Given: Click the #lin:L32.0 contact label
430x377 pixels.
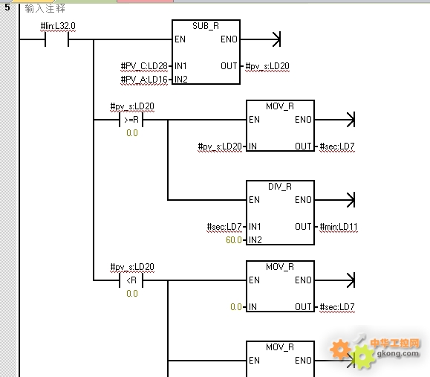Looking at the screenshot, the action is (58, 26).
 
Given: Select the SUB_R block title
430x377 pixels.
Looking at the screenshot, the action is (206, 26).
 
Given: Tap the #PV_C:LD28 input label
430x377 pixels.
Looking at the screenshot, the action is (144, 66).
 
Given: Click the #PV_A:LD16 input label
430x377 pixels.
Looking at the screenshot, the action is (144, 80).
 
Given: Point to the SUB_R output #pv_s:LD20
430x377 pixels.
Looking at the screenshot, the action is (267, 66).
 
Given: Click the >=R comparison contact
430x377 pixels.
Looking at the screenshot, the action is (131, 120).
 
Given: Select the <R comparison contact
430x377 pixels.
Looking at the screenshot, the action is (131, 280).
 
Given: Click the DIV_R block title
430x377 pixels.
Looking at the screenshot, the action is (280, 187).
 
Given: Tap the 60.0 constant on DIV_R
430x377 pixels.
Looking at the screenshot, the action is (234, 240).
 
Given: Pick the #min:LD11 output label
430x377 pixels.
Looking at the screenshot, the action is (339, 227).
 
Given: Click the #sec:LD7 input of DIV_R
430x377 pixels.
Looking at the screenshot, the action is (224, 227).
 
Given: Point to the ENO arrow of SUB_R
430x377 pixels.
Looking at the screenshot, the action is (260, 39).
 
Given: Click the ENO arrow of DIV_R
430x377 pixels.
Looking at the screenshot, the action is (334, 200).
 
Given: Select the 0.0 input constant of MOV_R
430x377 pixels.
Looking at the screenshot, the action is (236, 306).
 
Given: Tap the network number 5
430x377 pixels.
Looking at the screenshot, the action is (7, 7).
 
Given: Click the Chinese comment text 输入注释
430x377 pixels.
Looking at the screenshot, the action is (45, 8).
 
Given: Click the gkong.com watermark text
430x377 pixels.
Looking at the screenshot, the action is (398, 353).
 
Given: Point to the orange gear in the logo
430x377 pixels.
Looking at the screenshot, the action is (340, 349).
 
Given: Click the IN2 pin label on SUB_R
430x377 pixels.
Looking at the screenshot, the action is (181, 80).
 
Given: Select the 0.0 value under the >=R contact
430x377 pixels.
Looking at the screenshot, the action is (132, 133).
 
